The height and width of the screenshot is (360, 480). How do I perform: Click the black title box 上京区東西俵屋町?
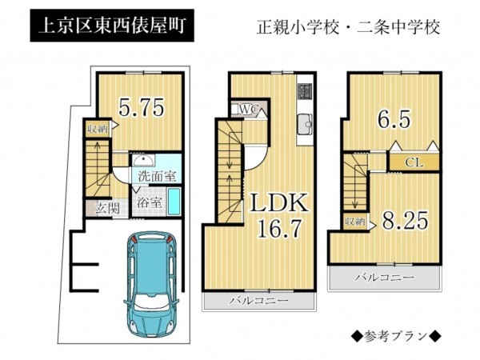click(112, 26)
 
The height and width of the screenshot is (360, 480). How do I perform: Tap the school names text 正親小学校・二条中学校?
click(349, 27)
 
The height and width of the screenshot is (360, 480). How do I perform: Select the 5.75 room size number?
click(141, 107)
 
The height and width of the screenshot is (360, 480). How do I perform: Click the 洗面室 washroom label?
click(157, 176)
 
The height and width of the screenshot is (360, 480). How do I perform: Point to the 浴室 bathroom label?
click(149, 202)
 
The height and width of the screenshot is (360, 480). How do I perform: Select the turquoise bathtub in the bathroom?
click(174, 202)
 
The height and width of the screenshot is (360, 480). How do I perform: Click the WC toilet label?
click(249, 109)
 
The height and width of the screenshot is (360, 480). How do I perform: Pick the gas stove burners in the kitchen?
click(305, 90)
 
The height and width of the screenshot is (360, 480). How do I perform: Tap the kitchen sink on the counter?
click(305, 124)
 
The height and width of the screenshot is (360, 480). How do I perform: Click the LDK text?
click(279, 203)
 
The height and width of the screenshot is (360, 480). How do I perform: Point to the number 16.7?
click(280, 228)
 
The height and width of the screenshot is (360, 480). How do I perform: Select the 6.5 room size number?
click(394, 119)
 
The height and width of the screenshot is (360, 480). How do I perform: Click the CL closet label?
click(414, 162)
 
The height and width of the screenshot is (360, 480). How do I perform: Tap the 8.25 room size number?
click(405, 221)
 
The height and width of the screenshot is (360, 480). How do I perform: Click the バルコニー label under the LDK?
click(259, 300)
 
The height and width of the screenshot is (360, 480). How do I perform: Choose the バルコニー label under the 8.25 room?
click(385, 278)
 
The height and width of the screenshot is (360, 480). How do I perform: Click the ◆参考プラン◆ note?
click(396, 336)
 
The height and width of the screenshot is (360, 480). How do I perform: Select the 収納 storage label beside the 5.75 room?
click(98, 129)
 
